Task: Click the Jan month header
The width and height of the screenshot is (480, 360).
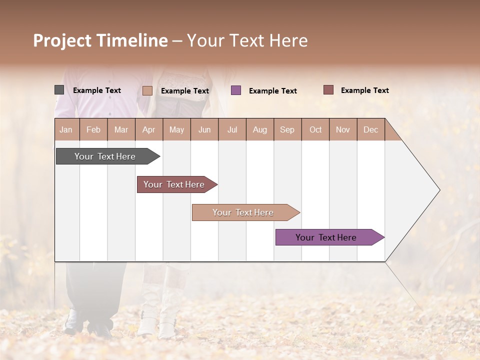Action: click(x=66, y=129)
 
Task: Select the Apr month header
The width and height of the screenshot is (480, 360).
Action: click(x=149, y=129)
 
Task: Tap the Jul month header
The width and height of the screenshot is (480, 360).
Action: click(x=232, y=129)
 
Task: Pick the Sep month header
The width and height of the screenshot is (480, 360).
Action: click(x=287, y=129)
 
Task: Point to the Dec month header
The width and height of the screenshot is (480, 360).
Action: click(x=370, y=129)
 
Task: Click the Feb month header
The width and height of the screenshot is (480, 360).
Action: click(x=93, y=129)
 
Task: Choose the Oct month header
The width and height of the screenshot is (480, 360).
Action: click(x=315, y=129)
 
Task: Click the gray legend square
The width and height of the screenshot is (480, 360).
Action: click(x=59, y=90)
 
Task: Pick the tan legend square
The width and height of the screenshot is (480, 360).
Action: click(x=147, y=90)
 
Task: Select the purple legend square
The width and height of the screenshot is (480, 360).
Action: click(x=236, y=90)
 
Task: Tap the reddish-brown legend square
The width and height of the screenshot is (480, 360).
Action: click(x=328, y=90)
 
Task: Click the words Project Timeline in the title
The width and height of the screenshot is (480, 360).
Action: click(x=100, y=40)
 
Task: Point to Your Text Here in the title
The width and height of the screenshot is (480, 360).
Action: click(x=247, y=40)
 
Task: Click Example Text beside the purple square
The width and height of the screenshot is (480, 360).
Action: click(x=272, y=91)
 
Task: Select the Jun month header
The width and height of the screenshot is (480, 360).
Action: click(x=204, y=129)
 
